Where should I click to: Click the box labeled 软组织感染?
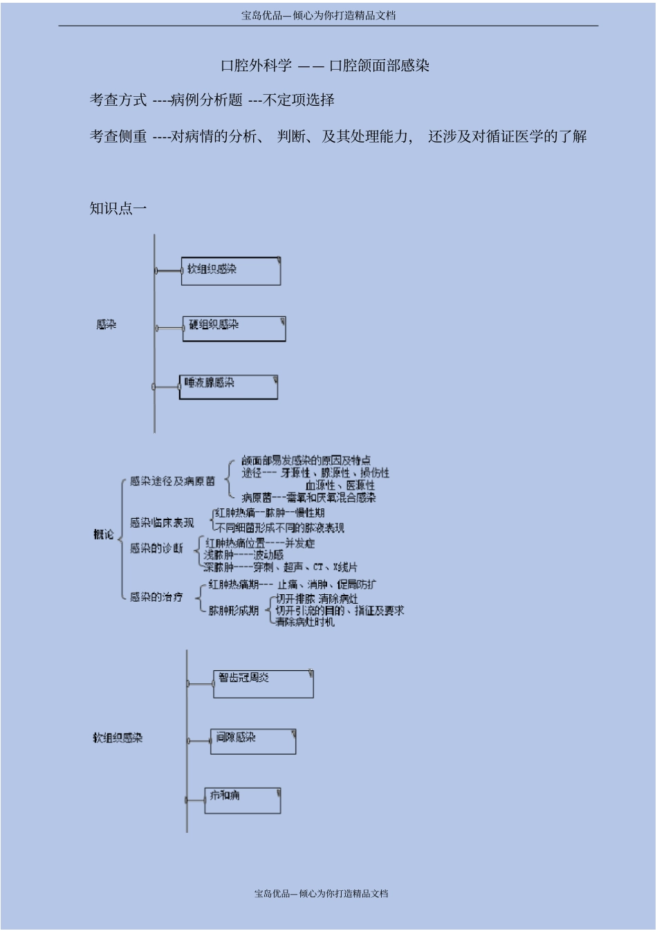click(231, 270)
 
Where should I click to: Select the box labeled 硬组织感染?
click(234, 329)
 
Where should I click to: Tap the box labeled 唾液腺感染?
click(228, 387)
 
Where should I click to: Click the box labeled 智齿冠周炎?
click(263, 683)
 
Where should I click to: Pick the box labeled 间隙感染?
click(253, 741)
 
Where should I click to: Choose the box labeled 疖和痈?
click(243, 800)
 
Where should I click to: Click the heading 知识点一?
click(118, 208)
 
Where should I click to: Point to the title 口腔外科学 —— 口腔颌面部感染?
click(325, 66)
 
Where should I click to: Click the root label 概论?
click(104, 534)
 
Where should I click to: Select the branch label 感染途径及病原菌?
click(172, 481)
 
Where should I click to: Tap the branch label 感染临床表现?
click(162, 523)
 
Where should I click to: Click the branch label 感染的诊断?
click(156, 549)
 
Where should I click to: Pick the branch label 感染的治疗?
click(156, 596)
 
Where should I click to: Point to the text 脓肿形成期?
click(234, 611)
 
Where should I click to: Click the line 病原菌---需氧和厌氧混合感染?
click(308, 497)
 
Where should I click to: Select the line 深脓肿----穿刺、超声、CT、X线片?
click(280, 567)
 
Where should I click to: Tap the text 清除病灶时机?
click(305, 622)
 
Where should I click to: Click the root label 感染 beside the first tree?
click(107, 324)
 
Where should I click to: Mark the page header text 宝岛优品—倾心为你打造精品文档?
click(319, 15)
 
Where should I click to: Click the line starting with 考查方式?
click(212, 100)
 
